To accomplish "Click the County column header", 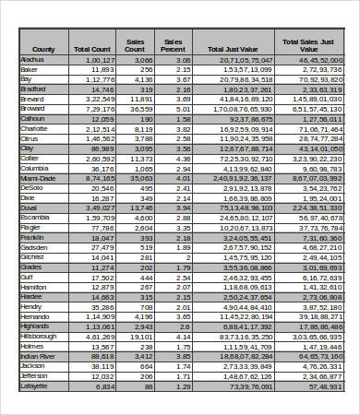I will click(43, 49).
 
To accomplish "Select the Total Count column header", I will click(93, 49).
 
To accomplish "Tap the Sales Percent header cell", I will click(173, 45).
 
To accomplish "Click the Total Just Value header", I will click(234, 49).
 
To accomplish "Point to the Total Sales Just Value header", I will click(310, 45).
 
